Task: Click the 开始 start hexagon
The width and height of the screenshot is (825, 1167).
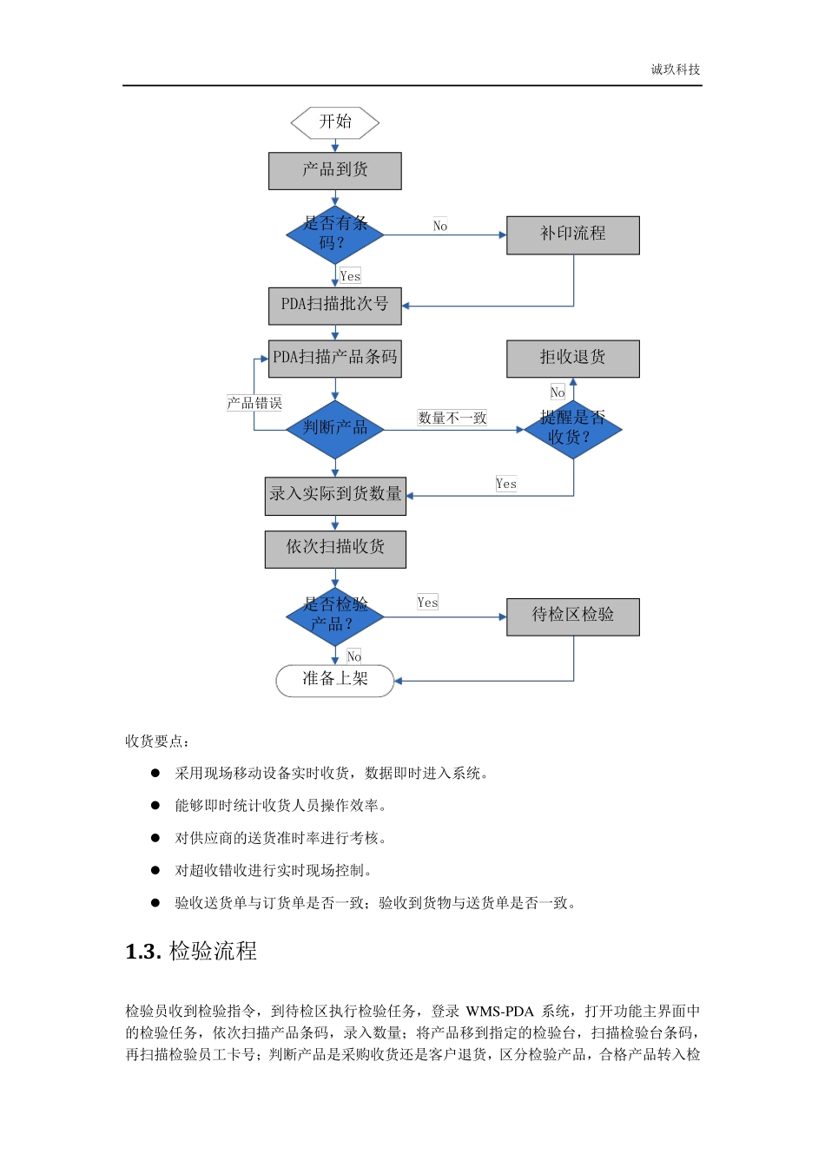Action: click(x=334, y=122)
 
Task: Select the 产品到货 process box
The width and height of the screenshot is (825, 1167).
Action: click(x=334, y=171)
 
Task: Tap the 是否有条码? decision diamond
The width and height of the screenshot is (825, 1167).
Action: click(x=334, y=234)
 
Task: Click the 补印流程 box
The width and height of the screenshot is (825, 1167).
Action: click(x=572, y=235)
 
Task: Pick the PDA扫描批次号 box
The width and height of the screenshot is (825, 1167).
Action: click(x=334, y=306)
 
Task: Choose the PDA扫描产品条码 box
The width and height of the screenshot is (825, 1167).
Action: click(x=334, y=359)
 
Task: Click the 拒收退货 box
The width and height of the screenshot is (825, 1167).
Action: click(x=572, y=359)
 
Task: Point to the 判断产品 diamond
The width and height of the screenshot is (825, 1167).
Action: click(x=334, y=429)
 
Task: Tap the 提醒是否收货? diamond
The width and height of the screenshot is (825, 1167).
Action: click(x=572, y=429)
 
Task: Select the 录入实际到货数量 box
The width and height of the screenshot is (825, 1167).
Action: click(x=334, y=496)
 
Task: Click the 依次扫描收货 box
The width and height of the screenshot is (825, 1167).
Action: click(x=334, y=549)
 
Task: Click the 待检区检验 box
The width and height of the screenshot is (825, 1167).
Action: click(x=572, y=616)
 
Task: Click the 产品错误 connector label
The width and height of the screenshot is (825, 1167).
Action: click(x=254, y=403)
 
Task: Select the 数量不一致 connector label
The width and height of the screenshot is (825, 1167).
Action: click(x=452, y=418)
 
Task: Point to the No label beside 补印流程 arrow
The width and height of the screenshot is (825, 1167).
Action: click(x=440, y=226)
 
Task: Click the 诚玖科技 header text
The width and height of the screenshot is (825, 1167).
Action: click(x=675, y=69)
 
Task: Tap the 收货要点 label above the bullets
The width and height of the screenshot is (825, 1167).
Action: click(x=156, y=741)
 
